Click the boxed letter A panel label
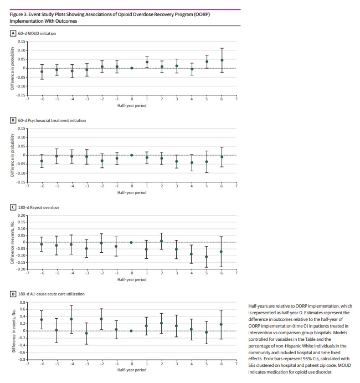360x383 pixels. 13,33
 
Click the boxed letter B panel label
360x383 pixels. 13,120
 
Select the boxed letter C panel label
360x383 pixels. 13,207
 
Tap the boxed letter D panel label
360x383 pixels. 13,293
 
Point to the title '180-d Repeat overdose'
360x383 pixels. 39,207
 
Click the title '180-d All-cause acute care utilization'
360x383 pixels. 52,293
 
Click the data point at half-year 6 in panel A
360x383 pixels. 222,60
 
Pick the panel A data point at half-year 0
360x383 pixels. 132,68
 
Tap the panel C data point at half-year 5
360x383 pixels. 207,257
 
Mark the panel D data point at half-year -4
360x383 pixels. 71,319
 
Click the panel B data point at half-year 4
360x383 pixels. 192,162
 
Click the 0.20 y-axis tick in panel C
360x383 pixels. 22,215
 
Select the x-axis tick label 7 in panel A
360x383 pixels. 236,100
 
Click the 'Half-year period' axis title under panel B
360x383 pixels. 132,192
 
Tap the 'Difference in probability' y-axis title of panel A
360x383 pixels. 12,68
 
